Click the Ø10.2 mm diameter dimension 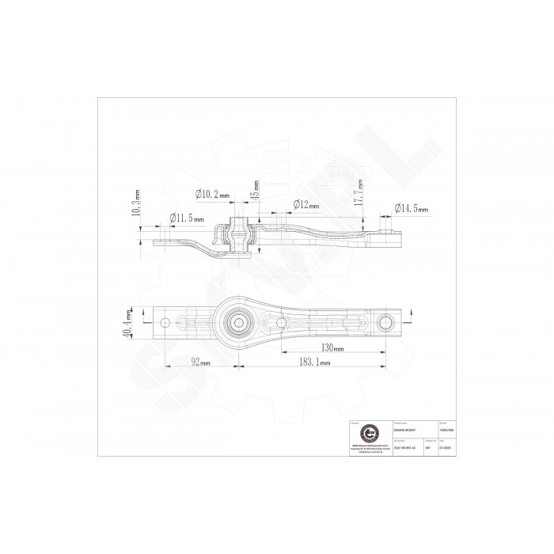coord(212,194)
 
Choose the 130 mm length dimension coord(333,348)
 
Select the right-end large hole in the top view coord(385,321)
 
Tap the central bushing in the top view coord(237,321)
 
